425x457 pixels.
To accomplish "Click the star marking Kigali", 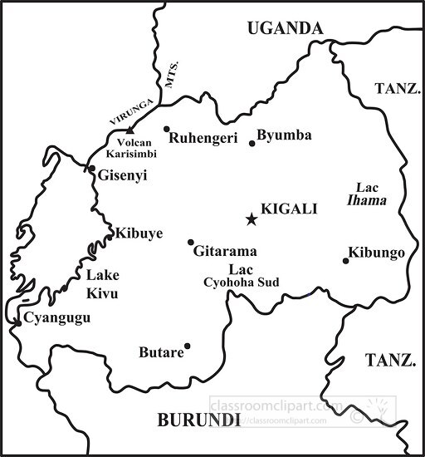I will point(251,219).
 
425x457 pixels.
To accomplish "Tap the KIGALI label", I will point(289,209).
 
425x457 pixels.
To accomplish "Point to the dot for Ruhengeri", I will point(167,129).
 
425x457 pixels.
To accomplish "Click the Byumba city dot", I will point(252,144).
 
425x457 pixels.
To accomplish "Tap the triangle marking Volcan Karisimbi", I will point(129,130).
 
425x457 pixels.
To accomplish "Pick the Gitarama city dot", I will point(190,242).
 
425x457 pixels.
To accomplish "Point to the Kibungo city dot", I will point(345,261).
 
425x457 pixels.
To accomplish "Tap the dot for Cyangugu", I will point(17,322).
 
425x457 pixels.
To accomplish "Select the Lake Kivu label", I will point(102,284).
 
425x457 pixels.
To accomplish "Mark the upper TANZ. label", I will point(397,88).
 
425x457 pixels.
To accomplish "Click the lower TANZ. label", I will point(390,361).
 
